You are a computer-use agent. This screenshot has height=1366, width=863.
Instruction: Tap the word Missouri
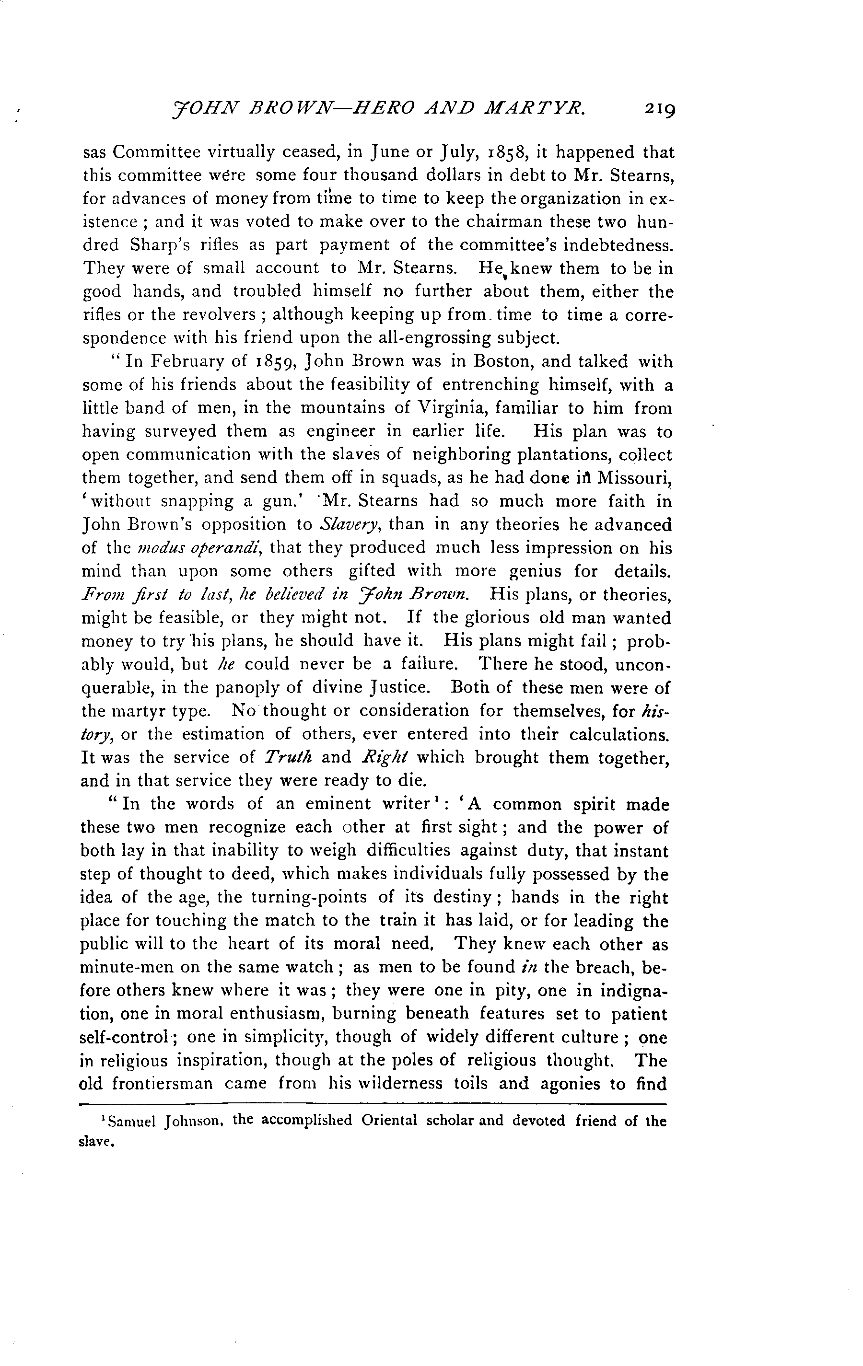coord(638,478)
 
